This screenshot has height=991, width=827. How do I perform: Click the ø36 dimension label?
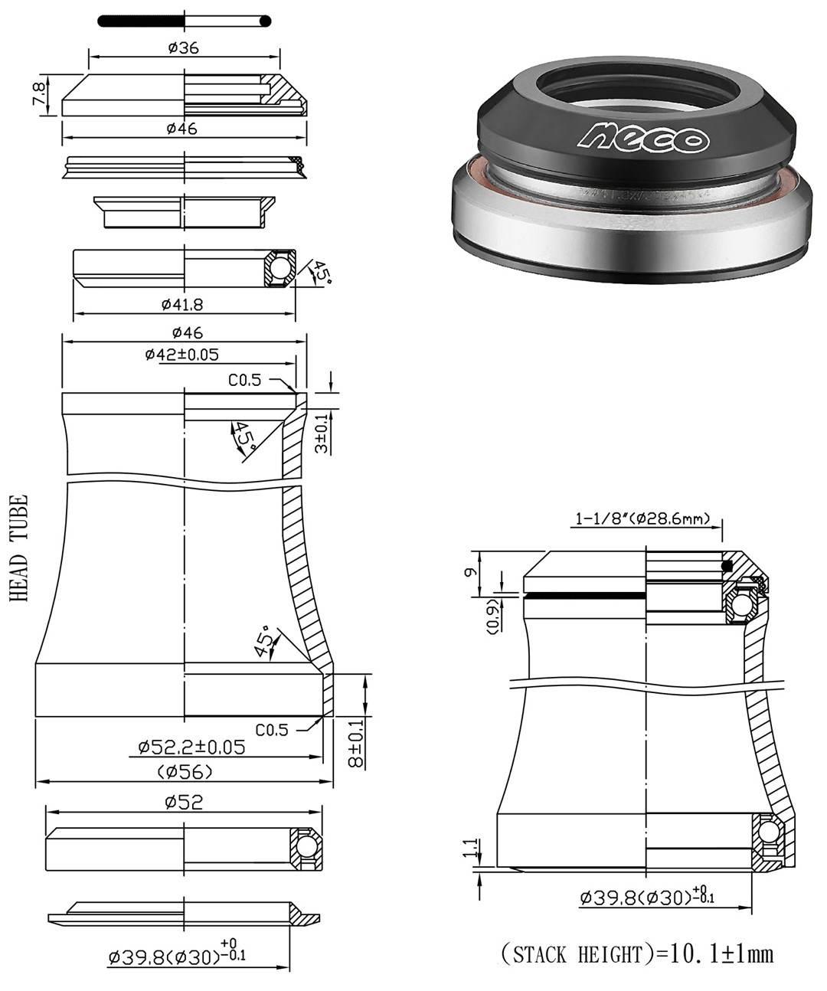click(x=183, y=47)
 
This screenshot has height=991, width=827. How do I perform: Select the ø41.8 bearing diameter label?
click(x=182, y=305)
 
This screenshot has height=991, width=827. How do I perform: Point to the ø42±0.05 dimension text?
click(x=181, y=355)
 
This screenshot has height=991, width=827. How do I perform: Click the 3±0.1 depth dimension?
click(x=322, y=433)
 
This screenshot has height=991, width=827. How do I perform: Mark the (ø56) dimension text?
click(x=185, y=772)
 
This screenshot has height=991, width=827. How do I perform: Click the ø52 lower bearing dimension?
click(x=183, y=802)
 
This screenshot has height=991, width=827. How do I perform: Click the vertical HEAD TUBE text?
click(x=20, y=547)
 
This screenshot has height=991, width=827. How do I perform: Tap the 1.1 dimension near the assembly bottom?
click(x=475, y=847)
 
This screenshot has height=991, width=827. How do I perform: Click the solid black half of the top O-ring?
click(x=142, y=21)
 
